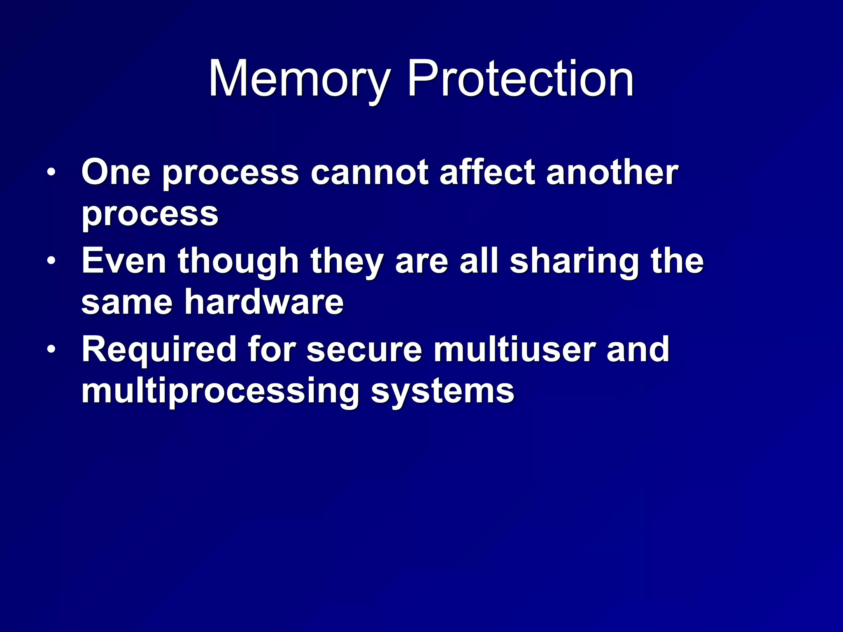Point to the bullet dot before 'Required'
[x=51, y=349]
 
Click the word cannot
[x=369, y=172]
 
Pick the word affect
[x=487, y=172]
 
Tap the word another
[x=612, y=172]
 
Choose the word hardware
[x=264, y=302]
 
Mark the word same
[x=127, y=303]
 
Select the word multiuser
[x=514, y=349]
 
